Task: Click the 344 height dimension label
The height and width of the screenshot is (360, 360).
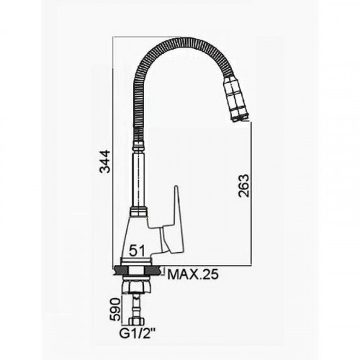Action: tap(105, 161)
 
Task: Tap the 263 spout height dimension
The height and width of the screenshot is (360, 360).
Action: tap(243, 186)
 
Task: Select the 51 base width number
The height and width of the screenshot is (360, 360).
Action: tap(137, 251)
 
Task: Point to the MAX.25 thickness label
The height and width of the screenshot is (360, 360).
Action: tap(193, 274)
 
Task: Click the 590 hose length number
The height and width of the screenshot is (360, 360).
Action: tap(115, 310)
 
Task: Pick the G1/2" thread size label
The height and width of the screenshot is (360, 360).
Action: tap(138, 333)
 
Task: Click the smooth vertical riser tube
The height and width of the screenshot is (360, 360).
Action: tap(138, 179)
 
